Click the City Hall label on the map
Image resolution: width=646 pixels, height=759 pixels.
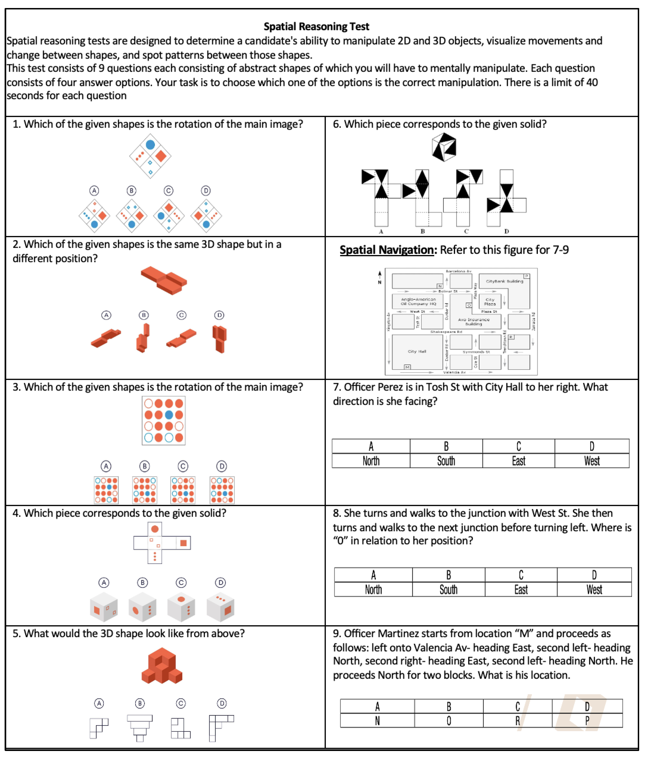[x=417, y=351]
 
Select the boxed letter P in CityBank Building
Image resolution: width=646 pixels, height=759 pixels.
[x=527, y=276]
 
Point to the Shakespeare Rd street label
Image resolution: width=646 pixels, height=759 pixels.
[x=446, y=332]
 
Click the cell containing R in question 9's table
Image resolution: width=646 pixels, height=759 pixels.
[x=517, y=721]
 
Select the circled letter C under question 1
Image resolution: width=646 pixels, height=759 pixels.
[x=168, y=191]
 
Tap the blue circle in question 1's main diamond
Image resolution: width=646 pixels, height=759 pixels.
[x=150, y=145]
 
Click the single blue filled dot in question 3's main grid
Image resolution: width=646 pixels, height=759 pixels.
[x=169, y=415]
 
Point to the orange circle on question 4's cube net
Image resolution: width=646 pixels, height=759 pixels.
[x=155, y=529]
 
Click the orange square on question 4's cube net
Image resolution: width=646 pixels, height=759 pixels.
[x=183, y=543]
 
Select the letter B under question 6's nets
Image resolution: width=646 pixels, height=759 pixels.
[x=423, y=231]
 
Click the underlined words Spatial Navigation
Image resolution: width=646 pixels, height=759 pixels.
[x=386, y=250]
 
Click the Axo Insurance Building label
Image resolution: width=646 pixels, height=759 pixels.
[x=474, y=322]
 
